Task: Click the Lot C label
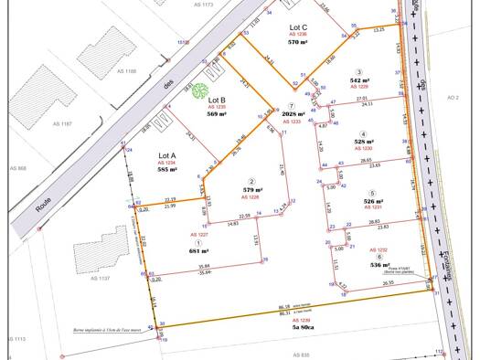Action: pyautogui.click(x=297, y=27)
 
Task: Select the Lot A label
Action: pyautogui.click(x=167, y=156)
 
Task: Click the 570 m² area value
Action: pyautogui.click(x=297, y=42)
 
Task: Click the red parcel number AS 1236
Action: pyautogui.click(x=296, y=35)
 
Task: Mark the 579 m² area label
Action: pyautogui.click(x=253, y=190)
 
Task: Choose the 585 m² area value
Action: pyautogui.click(x=167, y=170)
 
